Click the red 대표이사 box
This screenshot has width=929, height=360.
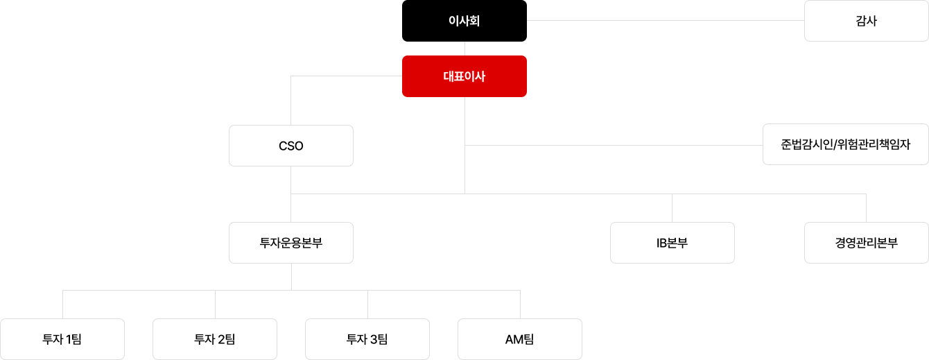464,76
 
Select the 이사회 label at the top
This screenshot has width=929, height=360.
464,21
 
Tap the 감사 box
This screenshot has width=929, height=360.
866,21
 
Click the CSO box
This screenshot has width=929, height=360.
290,146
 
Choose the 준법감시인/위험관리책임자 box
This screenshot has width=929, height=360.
845,145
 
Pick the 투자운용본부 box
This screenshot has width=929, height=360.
290,243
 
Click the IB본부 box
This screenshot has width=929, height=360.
672,243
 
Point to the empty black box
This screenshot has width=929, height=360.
866,243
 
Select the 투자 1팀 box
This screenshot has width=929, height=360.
62,339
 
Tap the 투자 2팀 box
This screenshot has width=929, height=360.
215,339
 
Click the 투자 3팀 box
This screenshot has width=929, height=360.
367,339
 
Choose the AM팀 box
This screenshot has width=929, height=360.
520,339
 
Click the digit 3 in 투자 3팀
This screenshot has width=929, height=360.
374,339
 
